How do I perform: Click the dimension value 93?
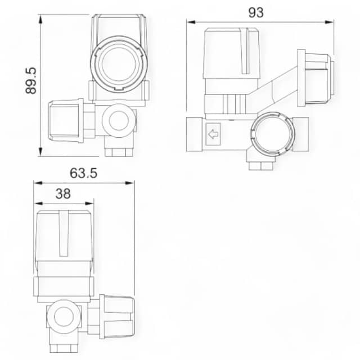pyautogui.click(x=256, y=12)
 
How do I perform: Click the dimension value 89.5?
pyautogui.click(x=31, y=80)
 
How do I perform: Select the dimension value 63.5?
pyautogui.click(x=84, y=173)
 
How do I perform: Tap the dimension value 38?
pyautogui.click(x=63, y=193)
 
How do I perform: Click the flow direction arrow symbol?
pyautogui.click(x=213, y=134)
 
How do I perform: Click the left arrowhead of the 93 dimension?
pyautogui.click(x=191, y=22)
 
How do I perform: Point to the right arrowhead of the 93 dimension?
pyautogui.click(x=329, y=22)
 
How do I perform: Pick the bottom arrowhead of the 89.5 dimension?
pyautogui.click(x=40, y=152)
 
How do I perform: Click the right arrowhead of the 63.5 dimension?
pyautogui.click(x=129, y=183)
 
